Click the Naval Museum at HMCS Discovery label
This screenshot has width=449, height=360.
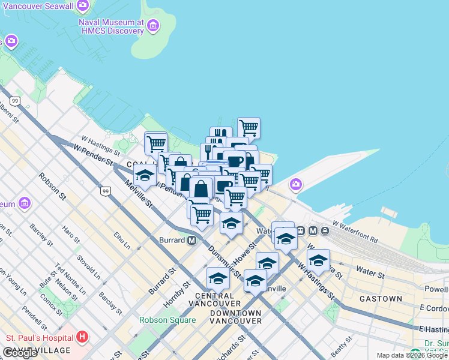[111, 27]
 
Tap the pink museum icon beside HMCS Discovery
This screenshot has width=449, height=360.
[154, 26]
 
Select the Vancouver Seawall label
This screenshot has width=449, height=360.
[40, 6]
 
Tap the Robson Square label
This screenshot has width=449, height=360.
[167, 320]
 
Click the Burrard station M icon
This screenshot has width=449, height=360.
[192, 241]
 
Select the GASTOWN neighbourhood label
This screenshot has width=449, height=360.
[381, 299]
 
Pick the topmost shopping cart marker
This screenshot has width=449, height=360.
[249, 127]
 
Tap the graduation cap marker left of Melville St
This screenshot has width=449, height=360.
[144, 176]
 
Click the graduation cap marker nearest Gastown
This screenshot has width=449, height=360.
[318, 260]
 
